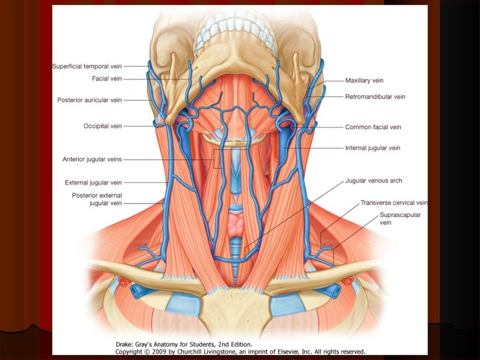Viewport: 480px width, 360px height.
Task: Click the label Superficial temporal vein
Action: point(87,67)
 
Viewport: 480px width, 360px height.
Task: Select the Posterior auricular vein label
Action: point(89,100)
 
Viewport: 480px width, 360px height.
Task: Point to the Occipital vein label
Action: point(103,126)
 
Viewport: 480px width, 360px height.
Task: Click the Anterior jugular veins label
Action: point(92,159)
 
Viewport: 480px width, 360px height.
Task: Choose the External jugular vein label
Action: point(93,182)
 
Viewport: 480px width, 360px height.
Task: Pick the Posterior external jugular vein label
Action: point(97,199)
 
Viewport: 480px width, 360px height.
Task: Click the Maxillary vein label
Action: point(364,81)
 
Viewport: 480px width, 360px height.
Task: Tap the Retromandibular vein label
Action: point(375,97)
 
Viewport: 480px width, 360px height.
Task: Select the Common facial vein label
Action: point(373,127)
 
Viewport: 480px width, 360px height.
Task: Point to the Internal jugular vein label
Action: point(373,148)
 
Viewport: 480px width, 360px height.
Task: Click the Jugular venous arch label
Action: point(374,180)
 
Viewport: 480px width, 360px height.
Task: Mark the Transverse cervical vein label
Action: point(394,203)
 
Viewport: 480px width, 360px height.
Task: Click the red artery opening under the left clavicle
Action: point(123,281)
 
